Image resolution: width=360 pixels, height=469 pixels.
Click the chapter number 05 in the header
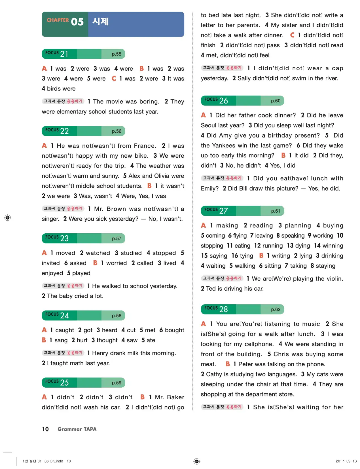77,22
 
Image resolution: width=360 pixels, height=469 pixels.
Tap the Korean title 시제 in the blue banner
100,22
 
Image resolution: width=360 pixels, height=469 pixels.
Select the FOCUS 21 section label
57,54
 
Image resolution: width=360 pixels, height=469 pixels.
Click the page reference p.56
117,131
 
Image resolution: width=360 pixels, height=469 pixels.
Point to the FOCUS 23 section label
57,238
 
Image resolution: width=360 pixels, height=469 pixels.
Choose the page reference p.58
117,316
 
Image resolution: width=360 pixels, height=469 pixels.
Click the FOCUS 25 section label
57,382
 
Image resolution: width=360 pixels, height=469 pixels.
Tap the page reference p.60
276,101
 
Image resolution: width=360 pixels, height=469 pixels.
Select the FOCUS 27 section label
216,210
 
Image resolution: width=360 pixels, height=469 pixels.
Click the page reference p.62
276,309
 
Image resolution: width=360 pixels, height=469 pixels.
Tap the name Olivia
162,176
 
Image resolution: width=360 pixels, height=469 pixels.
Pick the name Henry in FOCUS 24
100,353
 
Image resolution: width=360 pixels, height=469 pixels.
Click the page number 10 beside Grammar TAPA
45,429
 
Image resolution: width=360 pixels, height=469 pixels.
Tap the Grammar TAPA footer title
77,429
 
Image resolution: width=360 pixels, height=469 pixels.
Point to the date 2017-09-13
346,461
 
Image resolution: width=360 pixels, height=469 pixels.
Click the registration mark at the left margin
8,217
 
